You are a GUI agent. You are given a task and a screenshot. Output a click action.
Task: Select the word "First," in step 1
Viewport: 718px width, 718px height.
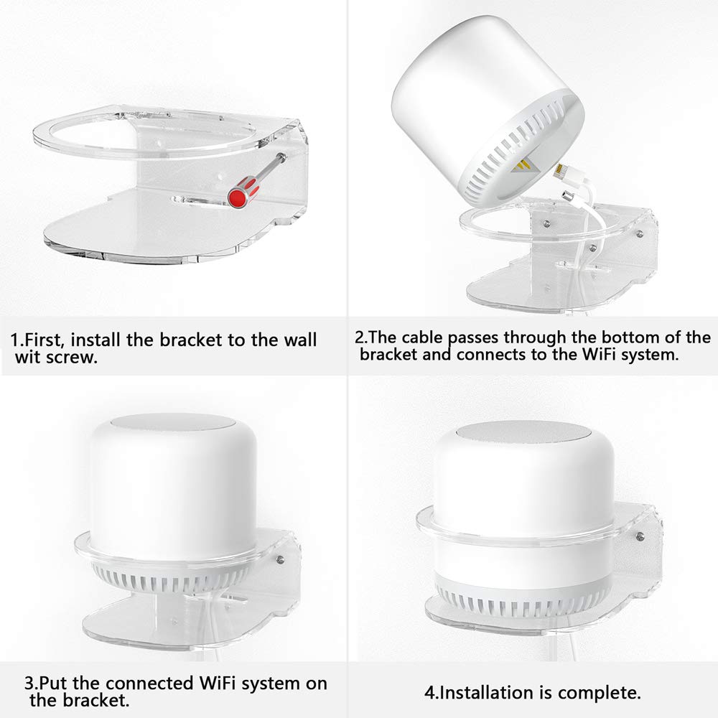(45, 340)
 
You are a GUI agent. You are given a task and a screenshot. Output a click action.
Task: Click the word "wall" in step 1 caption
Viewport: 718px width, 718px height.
(300, 340)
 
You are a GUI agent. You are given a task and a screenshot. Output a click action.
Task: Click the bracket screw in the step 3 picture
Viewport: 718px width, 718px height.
(280, 559)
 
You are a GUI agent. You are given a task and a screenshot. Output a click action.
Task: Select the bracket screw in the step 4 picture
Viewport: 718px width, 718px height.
(640, 536)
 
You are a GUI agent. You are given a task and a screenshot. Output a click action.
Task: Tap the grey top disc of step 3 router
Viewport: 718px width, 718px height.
(172, 421)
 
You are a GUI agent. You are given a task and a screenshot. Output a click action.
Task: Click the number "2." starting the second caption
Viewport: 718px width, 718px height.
(360, 337)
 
